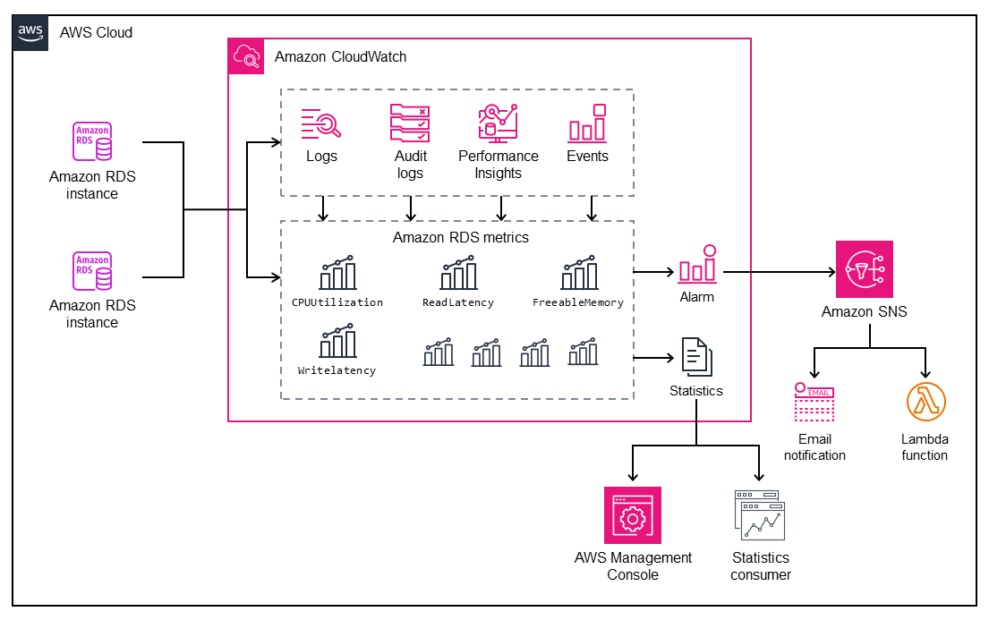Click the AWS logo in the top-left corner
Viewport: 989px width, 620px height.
pos(30,31)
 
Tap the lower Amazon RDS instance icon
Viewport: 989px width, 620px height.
pos(92,271)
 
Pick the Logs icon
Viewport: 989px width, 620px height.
pos(321,124)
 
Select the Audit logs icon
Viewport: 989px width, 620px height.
pos(410,123)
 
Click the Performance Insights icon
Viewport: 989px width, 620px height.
pos(499,123)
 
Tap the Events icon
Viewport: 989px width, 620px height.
pos(587,123)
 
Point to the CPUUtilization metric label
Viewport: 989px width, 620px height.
pos(337,302)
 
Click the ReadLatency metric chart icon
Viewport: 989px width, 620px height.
pos(458,274)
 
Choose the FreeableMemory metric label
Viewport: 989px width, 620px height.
pos(578,302)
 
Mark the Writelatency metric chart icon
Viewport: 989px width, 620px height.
pos(337,342)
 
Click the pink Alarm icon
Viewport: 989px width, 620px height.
pos(696,266)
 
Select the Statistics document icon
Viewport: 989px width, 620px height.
pos(696,356)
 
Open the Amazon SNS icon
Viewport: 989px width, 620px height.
pos(864,269)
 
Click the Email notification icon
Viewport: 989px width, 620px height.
pos(814,403)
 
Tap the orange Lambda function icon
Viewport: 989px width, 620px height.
pos(925,403)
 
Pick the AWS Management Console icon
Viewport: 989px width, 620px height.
pos(633,515)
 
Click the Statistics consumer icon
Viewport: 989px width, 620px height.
pos(760,515)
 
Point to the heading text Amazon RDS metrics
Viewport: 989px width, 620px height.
pos(460,238)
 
